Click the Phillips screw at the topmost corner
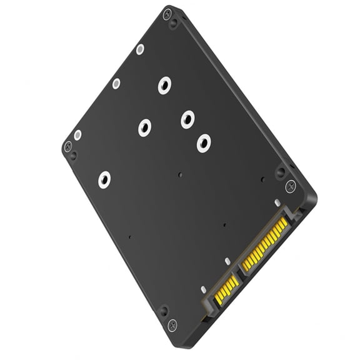(166, 14)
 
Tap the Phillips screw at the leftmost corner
(67, 146)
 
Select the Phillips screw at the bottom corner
(172, 324)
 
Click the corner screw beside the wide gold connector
(291, 186)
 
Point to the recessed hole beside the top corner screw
(174, 24)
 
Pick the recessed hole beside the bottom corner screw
(164, 311)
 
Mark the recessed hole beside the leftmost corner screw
(74, 156)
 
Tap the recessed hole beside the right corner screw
(281, 171)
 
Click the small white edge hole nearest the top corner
(140, 49)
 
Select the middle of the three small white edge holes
(116, 83)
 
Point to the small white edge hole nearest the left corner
(77, 135)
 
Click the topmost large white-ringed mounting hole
(164, 85)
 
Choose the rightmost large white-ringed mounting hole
(203, 143)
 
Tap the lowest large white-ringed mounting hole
(104, 180)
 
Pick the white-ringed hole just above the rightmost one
(187, 119)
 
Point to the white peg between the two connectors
(227, 262)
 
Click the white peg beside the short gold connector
(203, 289)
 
